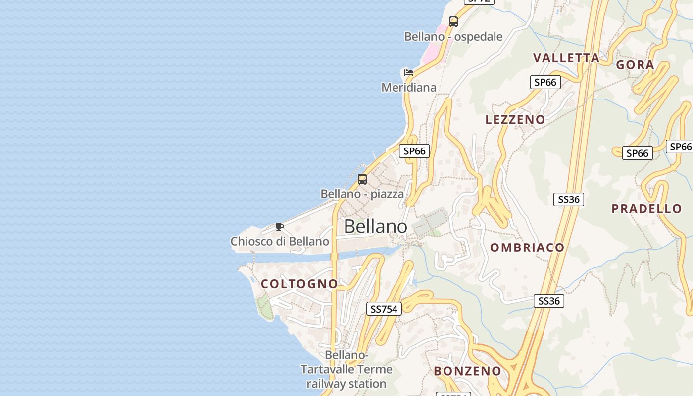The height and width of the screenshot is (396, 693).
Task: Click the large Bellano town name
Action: (375, 226)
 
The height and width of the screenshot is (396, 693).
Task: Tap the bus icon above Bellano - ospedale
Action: (453, 22)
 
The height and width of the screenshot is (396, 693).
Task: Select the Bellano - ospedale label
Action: (453, 37)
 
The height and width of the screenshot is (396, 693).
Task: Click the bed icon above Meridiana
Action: (409, 73)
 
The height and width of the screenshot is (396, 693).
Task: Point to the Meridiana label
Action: (409, 88)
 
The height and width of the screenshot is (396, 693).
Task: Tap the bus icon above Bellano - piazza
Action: (362, 179)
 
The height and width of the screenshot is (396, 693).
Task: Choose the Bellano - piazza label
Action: (362, 194)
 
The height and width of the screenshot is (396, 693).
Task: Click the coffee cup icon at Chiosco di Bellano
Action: (280, 227)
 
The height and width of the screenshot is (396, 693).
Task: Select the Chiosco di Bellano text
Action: (280, 241)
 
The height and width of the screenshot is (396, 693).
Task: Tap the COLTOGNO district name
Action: (299, 284)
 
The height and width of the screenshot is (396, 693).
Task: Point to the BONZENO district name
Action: (468, 371)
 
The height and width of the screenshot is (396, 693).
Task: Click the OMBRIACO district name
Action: (527, 247)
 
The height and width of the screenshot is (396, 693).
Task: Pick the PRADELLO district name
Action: (646, 208)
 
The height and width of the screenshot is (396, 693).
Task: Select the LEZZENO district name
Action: (515, 119)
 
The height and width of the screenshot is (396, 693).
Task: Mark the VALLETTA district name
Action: (566, 58)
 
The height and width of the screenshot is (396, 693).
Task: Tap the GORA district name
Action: (635, 64)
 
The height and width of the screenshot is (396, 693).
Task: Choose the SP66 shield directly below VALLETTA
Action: (545, 82)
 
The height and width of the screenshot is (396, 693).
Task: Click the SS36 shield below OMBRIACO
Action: (549, 301)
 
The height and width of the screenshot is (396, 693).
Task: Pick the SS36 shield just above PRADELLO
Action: (569, 199)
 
